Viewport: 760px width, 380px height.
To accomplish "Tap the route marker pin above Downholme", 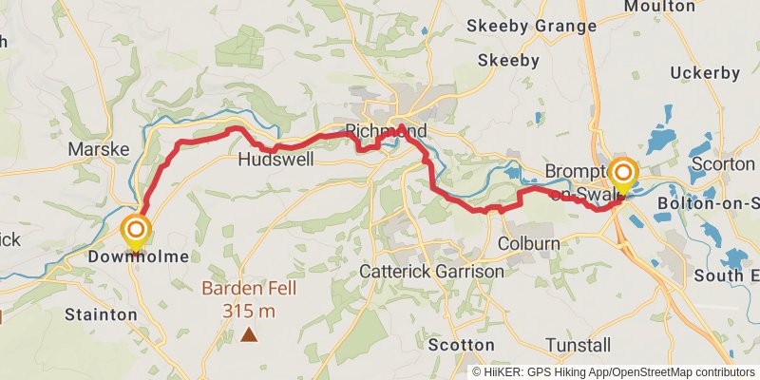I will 136,231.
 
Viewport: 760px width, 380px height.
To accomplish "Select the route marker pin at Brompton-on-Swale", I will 623,174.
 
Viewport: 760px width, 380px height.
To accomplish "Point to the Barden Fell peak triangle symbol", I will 249,333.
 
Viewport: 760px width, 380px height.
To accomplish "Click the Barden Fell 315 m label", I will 249,299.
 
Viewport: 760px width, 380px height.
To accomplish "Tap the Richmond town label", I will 387,130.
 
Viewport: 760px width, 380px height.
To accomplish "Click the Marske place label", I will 92,149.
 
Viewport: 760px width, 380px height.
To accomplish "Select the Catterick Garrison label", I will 431,272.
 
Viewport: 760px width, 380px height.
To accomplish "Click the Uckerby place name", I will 704,72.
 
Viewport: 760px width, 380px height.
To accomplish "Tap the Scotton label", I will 461,344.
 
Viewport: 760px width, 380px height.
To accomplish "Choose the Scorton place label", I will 723,163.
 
